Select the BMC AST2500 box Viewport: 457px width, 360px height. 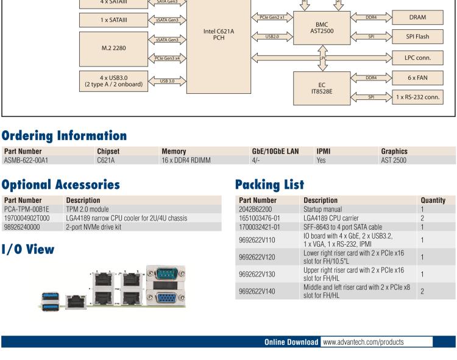[x=322, y=27]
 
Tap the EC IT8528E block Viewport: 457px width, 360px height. [x=322, y=88]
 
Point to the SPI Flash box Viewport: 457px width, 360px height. [x=417, y=37]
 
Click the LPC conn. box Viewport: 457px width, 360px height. [x=417, y=58]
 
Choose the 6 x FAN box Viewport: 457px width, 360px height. [x=417, y=78]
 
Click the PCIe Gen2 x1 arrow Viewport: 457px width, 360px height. [x=272, y=18]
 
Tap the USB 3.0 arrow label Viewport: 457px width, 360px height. [x=166, y=80]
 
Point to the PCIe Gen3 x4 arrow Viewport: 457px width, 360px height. [x=166, y=58]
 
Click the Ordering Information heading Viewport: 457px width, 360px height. [x=64, y=135]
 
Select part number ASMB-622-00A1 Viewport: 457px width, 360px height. [x=26, y=161]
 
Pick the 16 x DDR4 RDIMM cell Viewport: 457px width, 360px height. [x=186, y=161]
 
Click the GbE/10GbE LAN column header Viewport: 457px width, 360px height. [x=275, y=151]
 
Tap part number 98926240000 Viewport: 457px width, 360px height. [x=22, y=227]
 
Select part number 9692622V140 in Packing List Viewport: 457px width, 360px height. [x=257, y=291]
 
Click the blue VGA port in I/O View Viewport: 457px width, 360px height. [x=165, y=297]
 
